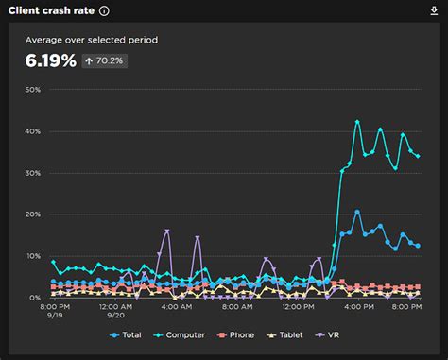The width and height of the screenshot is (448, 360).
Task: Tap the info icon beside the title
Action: point(104,11)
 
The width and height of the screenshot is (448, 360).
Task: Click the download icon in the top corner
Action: point(434,11)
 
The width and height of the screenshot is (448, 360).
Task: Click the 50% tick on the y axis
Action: point(32,90)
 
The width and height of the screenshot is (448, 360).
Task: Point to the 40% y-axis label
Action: point(32,131)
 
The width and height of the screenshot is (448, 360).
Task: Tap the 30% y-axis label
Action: point(32,173)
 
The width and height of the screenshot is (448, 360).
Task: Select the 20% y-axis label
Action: point(32,214)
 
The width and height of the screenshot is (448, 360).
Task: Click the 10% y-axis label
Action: point(32,256)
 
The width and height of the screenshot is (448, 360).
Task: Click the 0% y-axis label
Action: point(34,298)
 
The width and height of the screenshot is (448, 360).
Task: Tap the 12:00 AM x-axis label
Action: point(114,307)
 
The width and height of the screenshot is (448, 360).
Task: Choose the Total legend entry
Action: point(128,334)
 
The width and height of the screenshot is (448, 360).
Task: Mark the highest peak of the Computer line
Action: point(357,122)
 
